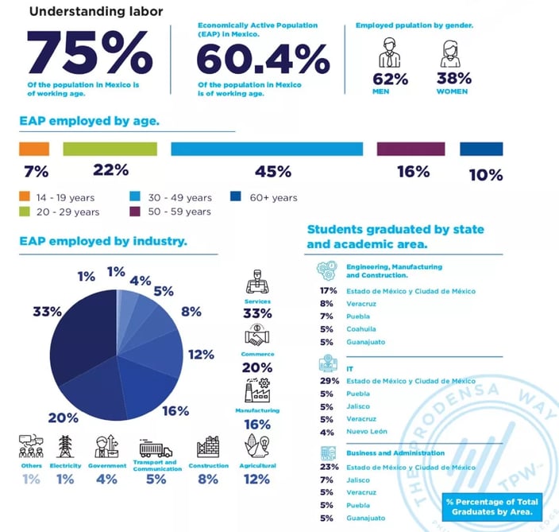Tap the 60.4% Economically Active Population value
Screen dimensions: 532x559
coord(262,59)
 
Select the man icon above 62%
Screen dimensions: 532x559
coord(390,53)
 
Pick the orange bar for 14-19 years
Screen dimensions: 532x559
coord(34,149)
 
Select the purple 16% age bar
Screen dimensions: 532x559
coord(411,149)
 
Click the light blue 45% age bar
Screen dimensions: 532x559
coord(267,149)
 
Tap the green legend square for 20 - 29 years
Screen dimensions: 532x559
coord(25,212)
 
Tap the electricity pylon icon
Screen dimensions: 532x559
coord(66,447)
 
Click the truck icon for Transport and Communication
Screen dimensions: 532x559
coord(156,447)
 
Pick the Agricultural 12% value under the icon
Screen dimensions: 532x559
coord(257,480)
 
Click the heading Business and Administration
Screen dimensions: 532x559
coord(384,453)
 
